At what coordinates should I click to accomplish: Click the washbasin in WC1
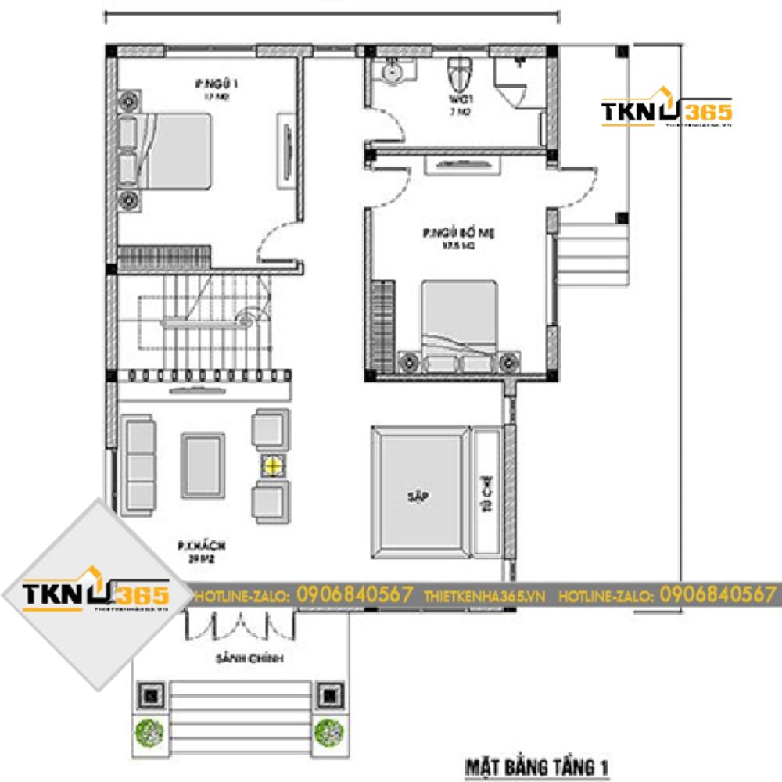coord(391,72)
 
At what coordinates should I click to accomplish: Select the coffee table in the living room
coord(203,466)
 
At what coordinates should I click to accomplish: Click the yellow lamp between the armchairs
coord(271,467)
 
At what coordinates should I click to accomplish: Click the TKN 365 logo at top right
coord(665,112)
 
